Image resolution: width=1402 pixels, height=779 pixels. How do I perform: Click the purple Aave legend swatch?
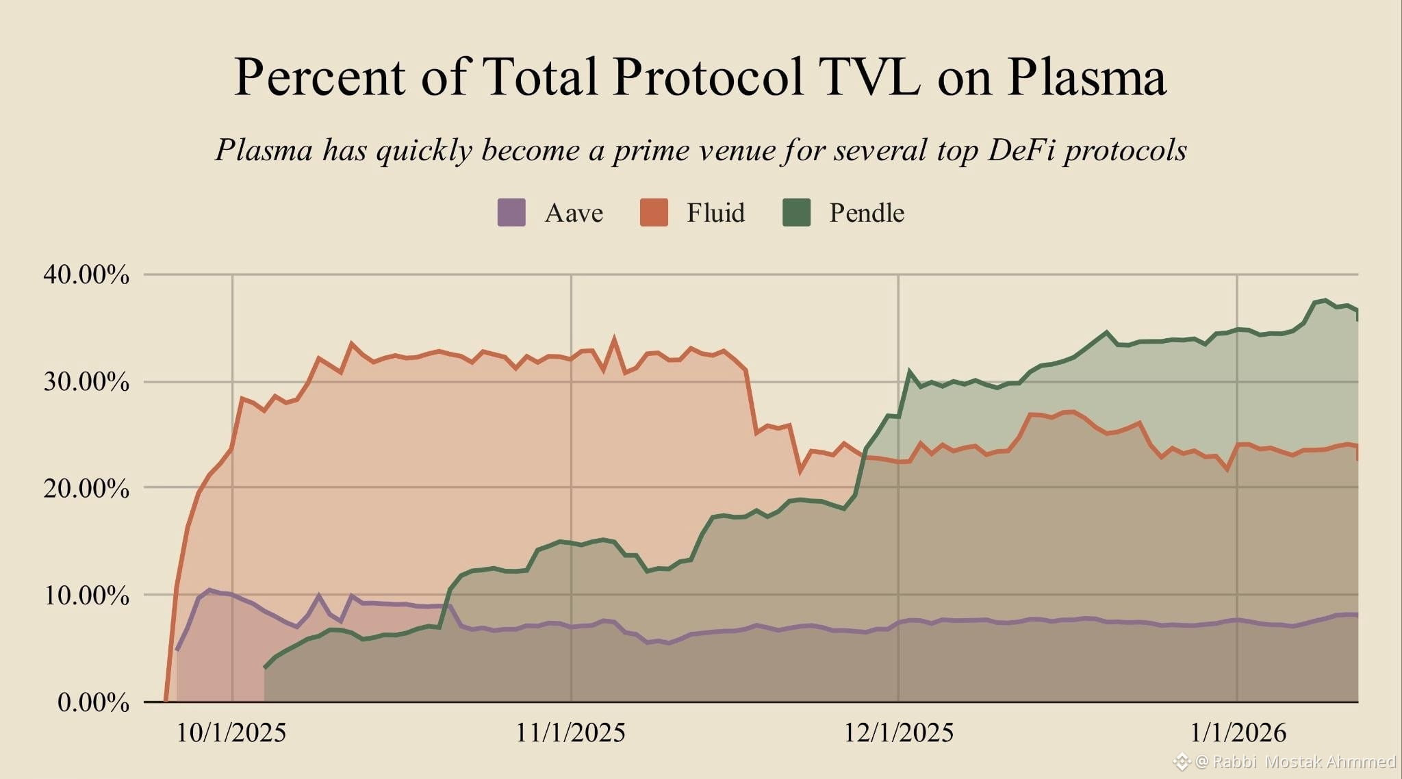[511, 212]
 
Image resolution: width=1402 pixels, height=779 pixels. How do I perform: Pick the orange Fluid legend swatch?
[654, 212]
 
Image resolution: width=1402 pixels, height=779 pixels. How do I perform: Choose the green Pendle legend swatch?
[796, 212]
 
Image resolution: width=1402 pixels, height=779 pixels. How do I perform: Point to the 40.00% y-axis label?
[86, 275]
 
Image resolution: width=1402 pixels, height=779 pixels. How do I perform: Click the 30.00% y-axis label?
[86, 382]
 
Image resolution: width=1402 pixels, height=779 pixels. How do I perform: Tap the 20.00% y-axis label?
[86, 489]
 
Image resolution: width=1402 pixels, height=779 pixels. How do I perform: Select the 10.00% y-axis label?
[86, 596]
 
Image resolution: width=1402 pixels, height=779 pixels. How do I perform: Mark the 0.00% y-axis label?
[93, 702]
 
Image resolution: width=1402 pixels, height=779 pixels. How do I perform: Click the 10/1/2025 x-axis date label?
[231, 733]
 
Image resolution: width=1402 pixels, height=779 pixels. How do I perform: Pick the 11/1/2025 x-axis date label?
[570, 733]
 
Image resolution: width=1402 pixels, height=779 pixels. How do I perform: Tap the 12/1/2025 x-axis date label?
[898, 733]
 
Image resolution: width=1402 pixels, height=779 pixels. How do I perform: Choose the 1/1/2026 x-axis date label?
[1238, 733]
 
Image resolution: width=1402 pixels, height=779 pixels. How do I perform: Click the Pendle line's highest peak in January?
[1325, 301]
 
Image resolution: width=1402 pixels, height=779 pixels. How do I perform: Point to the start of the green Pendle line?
[265, 667]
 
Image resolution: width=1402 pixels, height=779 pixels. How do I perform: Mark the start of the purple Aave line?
[177, 650]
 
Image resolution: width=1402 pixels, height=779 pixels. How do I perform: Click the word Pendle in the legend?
[867, 213]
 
